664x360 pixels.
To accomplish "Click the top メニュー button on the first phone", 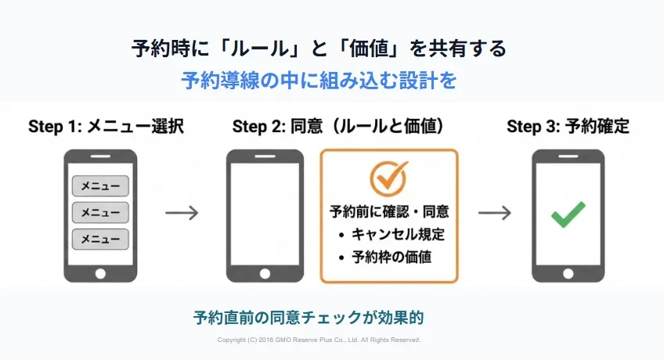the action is [x=100, y=185].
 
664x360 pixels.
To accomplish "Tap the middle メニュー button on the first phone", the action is [x=100, y=212].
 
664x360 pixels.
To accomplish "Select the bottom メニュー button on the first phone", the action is [x=100, y=239].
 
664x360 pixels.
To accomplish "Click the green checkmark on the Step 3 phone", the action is [x=568, y=214].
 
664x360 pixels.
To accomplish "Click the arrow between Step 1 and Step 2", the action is [x=182, y=212].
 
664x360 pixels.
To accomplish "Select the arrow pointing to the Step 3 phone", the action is [x=495, y=212].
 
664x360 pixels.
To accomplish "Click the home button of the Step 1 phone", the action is [x=100, y=273].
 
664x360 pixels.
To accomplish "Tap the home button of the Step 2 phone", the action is [x=265, y=273].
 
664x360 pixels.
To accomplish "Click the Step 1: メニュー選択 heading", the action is [x=106, y=127].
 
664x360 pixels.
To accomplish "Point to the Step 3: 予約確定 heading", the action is [x=568, y=127].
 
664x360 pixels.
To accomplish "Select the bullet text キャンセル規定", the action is [x=398, y=234].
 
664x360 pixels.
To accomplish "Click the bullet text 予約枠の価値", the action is [x=392, y=257].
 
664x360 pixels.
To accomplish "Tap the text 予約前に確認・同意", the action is [x=389, y=211].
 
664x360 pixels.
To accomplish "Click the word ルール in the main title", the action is [x=259, y=49].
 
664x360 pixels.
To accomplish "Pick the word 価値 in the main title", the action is [x=369, y=49].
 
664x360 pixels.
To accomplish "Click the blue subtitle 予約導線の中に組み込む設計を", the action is [x=319, y=81].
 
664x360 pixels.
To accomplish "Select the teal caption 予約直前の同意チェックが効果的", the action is [x=309, y=317].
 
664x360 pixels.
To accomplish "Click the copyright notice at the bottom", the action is [x=319, y=340].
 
